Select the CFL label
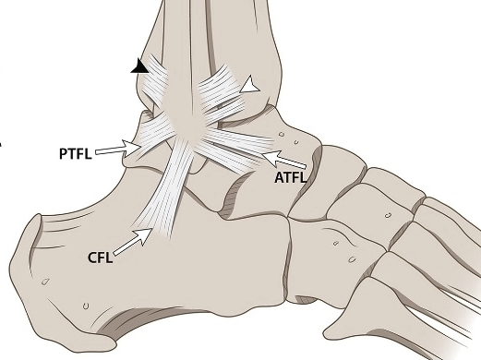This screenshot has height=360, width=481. click(x=100, y=258)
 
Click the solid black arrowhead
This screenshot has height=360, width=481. click(x=139, y=66)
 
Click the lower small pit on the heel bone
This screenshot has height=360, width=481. click(x=85, y=306)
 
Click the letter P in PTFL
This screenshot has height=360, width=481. click(x=63, y=150)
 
